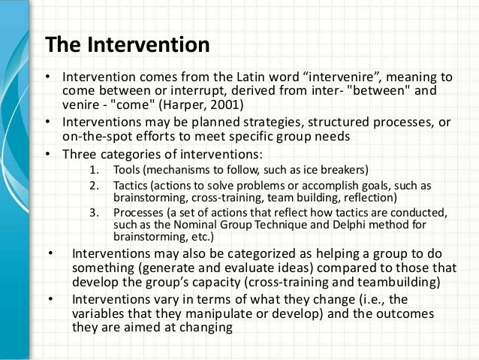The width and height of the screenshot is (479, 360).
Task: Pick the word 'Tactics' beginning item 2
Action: coord(131,185)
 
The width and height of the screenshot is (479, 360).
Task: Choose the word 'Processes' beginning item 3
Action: coord(137,213)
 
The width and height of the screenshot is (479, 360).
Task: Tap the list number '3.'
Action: coord(94,213)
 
